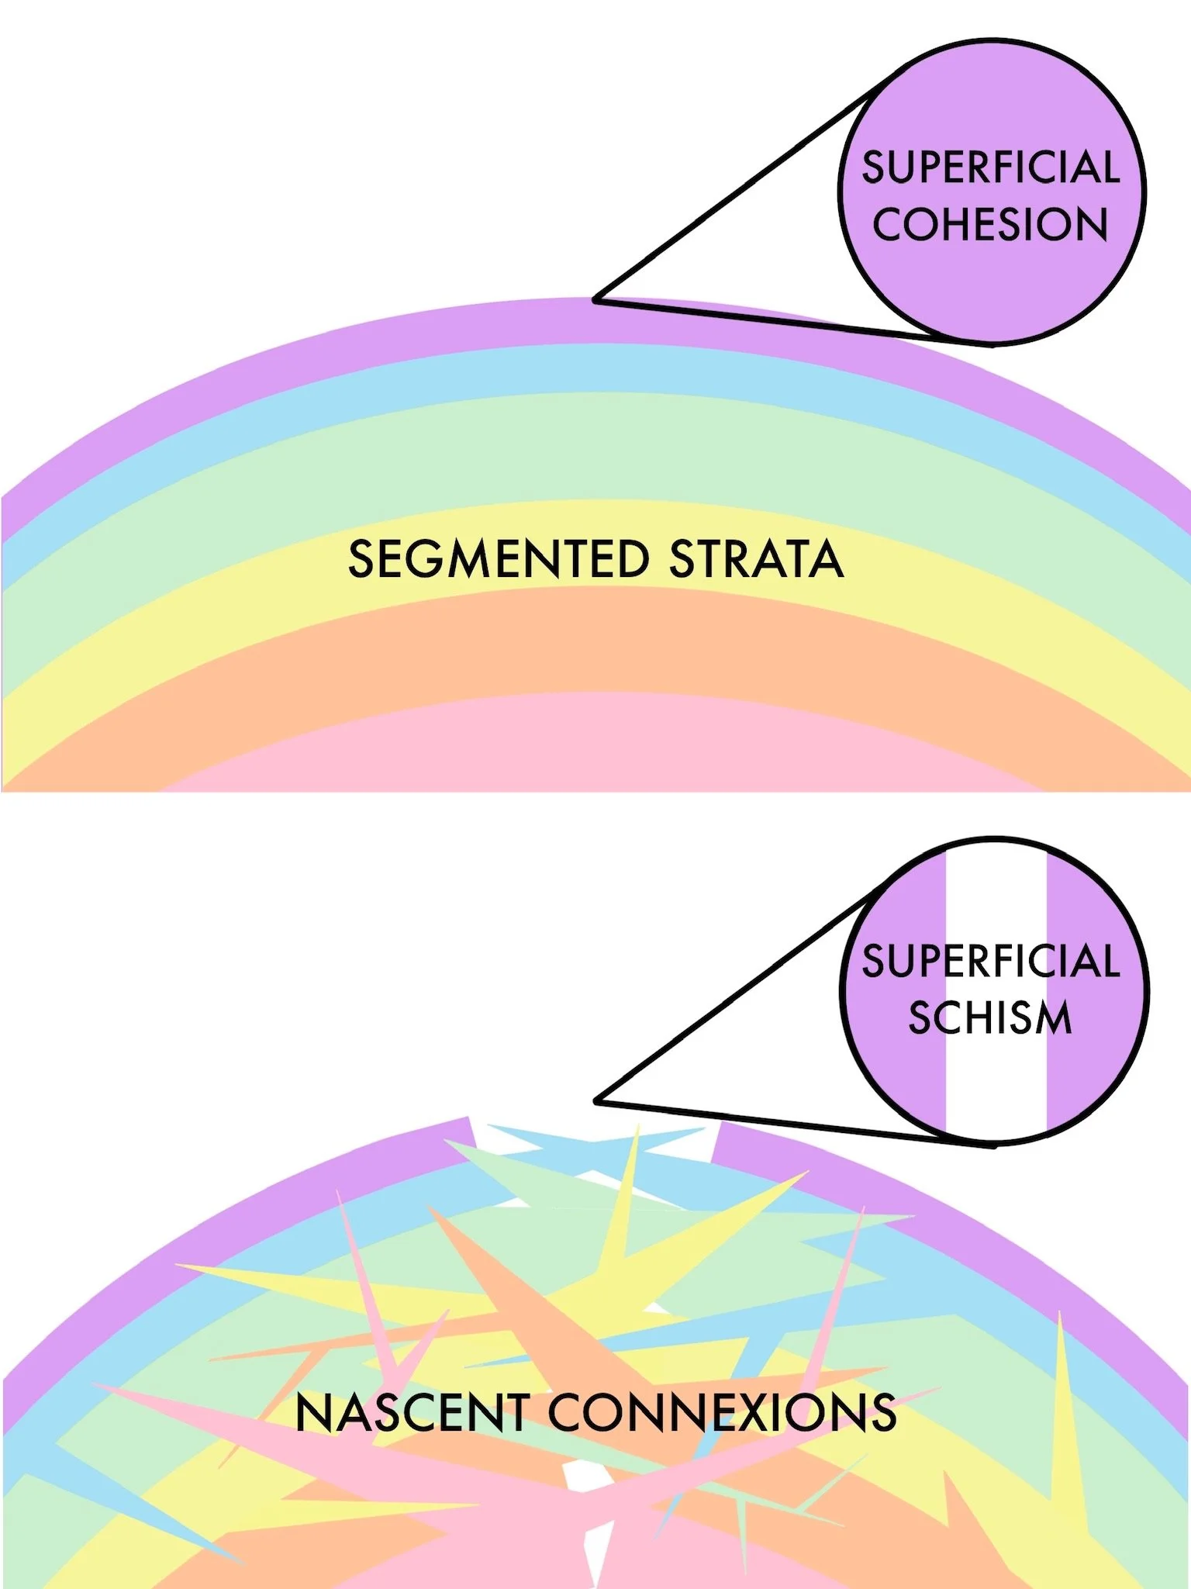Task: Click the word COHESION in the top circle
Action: click(990, 225)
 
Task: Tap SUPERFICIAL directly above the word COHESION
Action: click(990, 168)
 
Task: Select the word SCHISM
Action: click(990, 1017)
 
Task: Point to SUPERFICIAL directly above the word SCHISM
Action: click(990, 961)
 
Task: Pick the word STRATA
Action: click(756, 559)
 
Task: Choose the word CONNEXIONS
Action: click(723, 1413)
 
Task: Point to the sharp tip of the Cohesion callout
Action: click(596, 299)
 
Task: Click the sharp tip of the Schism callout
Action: click(596, 1100)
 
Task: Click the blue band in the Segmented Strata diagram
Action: click(597, 368)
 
